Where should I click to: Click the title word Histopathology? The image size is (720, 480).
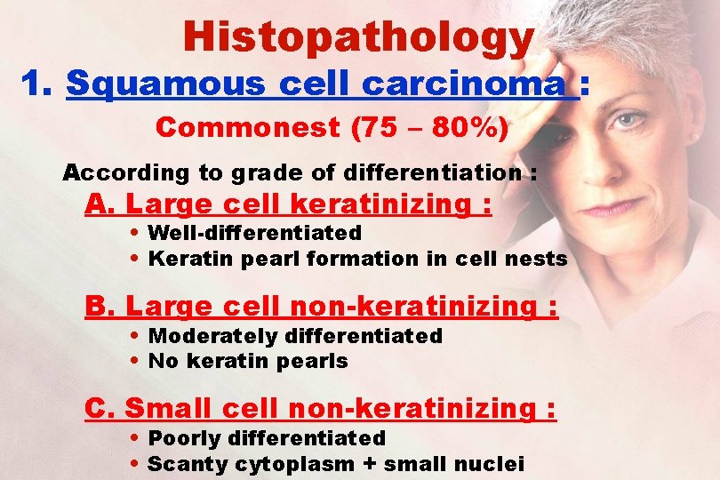pos(358,36)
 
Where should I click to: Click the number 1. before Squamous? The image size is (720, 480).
pos(40,84)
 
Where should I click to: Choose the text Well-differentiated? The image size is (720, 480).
pos(254,233)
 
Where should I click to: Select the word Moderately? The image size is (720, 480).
pos(212,336)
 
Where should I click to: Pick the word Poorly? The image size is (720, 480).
pos(184,438)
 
